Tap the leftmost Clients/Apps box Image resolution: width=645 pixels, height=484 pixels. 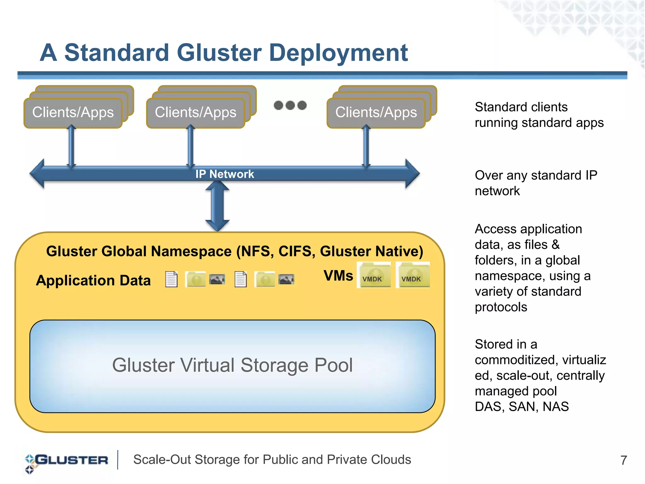click(73, 113)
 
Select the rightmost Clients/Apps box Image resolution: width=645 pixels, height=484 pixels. click(376, 113)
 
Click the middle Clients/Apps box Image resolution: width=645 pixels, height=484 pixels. click(196, 113)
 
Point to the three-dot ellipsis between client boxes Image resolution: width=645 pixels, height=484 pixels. click(290, 105)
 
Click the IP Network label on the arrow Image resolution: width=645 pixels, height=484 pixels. click(225, 174)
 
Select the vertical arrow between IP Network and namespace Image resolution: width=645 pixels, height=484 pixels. click(217, 206)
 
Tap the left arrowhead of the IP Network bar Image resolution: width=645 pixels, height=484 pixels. click(37, 174)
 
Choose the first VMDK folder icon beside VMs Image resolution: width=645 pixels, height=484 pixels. click(374, 275)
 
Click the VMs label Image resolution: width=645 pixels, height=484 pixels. click(338, 276)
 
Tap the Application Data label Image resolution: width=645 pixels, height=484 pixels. click(93, 281)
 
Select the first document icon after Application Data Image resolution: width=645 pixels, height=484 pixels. click(171, 279)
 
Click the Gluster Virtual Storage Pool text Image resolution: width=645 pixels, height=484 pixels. click(232, 365)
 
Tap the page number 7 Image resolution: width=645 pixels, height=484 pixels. click(623, 460)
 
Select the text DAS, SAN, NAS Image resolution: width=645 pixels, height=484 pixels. click(522, 407)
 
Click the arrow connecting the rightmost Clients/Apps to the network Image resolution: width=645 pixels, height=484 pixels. click(366, 146)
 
